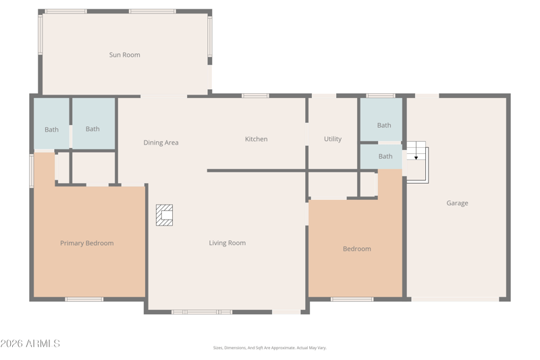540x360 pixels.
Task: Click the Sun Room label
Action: [125, 55]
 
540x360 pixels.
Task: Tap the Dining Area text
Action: [161, 143]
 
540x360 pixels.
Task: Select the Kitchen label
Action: [256, 139]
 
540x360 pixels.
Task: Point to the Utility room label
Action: [333, 139]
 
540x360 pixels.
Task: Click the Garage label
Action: [458, 203]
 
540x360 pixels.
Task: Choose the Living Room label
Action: [227, 243]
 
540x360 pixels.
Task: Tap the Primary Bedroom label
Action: [87, 243]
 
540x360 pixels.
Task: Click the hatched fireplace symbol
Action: [164, 215]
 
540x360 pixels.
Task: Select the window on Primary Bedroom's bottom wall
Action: [84, 299]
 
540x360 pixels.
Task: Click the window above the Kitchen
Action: [255, 96]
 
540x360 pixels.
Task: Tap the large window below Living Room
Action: [202, 312]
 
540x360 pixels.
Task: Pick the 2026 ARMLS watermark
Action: [30, 344]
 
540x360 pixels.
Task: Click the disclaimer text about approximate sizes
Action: [269, 348]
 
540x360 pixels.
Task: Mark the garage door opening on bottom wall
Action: [455, 299]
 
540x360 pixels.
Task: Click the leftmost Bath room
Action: [52, 124]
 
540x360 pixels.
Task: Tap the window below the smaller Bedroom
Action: [352, 299]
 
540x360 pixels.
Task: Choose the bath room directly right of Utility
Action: [381, 119]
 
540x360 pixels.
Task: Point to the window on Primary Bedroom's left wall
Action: [31, 171]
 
